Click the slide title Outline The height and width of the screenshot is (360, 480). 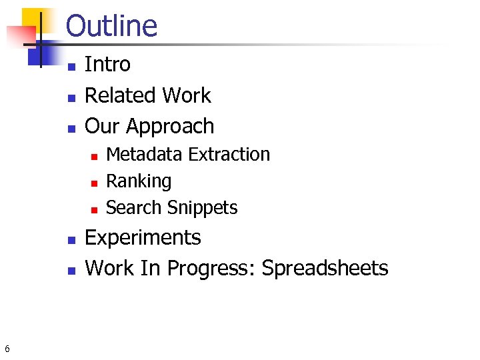point(111,26)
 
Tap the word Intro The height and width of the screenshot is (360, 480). point(107,65)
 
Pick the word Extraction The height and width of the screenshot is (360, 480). point(229,154)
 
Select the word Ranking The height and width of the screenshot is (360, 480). point(139,181)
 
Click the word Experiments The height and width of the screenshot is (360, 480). point(143,237)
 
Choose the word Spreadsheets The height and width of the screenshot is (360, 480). point(325,268)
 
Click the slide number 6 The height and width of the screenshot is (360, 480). point(7,349)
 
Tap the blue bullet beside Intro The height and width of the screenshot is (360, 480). point(71,66)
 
